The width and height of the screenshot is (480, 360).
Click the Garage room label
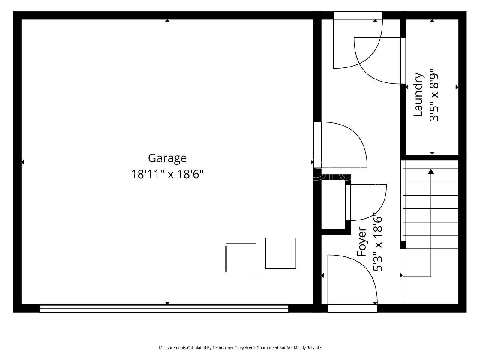[x=167, y=158]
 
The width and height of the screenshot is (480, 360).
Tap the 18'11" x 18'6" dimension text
[x=167, y=174]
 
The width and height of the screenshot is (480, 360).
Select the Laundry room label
[x=418, y=95]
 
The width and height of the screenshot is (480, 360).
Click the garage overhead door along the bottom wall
[x=164, y=308]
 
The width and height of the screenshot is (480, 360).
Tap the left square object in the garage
[x=241, y=259]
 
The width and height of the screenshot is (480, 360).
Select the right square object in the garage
[x=281, y=253]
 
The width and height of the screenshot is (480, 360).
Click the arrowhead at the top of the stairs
[x=431, y=172]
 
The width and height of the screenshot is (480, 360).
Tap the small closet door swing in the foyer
[x=366, y=202]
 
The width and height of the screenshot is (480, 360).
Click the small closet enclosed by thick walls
[x=333, y=204]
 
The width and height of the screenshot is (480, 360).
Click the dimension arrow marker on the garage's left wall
[x=22, y=162]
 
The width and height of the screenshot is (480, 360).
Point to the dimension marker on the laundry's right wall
[x=457, y=87]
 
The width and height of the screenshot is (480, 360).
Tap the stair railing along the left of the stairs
[x=403, y=204]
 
